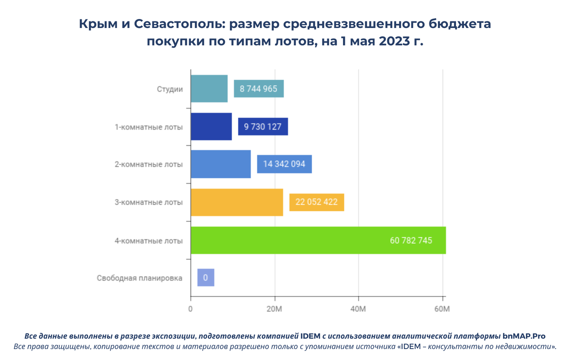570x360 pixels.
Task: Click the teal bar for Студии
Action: coord(209,89)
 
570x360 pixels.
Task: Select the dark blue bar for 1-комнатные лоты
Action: coord(211,127)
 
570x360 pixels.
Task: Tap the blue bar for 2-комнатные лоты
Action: coord(220,164)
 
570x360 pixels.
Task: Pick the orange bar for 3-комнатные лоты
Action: coord(237,202)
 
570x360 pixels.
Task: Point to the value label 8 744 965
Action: coord(259,89)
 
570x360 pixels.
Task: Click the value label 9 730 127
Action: coord(263,127)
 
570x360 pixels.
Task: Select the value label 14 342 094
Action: coord(284,164)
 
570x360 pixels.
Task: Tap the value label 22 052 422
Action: coord(316,202)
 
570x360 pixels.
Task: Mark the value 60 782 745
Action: coord(411,240)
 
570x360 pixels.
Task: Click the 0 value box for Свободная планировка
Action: coord(206,278)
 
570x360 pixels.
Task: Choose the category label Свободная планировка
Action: coord(140,278)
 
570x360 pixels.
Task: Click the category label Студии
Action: coord(170,89)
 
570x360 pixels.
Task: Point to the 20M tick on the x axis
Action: coord(275,310)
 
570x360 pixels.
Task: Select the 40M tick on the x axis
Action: coord(358,310)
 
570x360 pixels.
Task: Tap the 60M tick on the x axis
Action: coord(442,310)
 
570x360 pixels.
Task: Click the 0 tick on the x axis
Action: coord(190,310)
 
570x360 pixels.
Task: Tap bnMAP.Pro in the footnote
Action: coord(524,336)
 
